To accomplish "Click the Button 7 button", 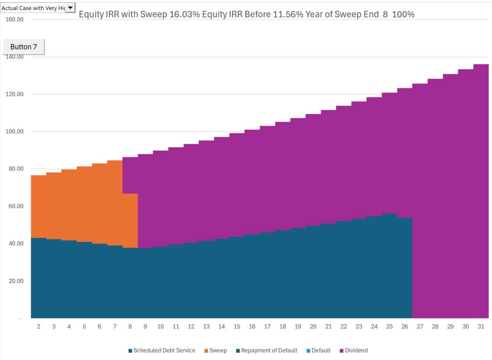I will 24,47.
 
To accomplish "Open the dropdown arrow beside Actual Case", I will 70,7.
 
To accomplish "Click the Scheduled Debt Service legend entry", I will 162,350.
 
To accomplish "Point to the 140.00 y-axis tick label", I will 14,57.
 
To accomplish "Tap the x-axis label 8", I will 130,327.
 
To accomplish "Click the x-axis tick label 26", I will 405,327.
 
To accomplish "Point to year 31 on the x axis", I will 481,327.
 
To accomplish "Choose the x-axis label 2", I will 38,327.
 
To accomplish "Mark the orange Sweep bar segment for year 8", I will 130,221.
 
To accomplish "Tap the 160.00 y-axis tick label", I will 14,20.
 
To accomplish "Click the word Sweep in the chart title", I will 155,14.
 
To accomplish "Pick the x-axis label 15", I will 237,327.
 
